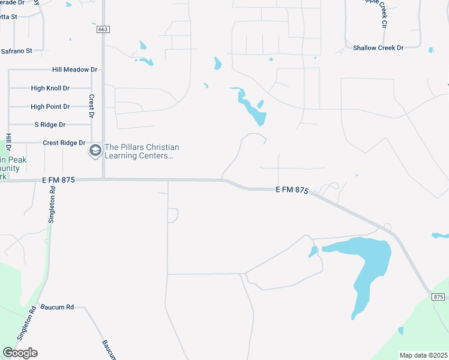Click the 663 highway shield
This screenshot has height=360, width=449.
102,29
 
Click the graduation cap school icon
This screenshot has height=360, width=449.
95,151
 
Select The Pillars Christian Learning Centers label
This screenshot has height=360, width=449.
142,151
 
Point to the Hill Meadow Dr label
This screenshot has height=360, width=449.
74,70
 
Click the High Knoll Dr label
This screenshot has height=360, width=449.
50,88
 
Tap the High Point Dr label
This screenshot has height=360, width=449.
50,107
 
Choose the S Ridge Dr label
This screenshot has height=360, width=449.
50,125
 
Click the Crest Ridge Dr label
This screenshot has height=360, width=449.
64,143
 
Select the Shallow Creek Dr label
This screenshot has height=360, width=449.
378,47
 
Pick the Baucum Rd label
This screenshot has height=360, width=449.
57,307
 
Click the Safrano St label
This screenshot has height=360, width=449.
16,52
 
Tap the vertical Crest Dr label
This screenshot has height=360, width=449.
92,106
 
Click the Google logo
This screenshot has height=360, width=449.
20,353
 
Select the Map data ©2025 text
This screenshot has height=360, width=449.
423,355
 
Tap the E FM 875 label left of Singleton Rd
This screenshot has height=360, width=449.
58,180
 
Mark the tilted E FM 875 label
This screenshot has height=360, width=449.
292,190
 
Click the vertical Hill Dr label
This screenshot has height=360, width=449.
8,142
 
